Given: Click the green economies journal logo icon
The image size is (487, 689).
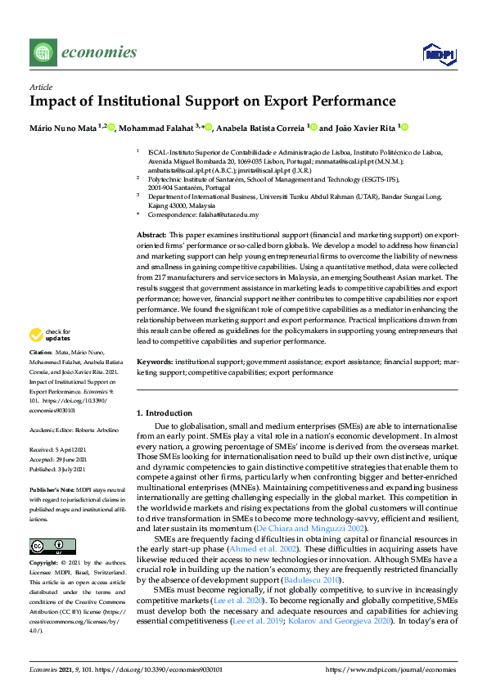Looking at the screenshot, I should coord(43,52).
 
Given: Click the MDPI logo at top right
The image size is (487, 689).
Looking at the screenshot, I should coord(439,53).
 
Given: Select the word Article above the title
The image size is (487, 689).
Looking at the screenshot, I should coord(40,87).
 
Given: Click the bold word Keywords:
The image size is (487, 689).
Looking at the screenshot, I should coord(155,360).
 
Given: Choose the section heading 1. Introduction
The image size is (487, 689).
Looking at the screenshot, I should coord(164,413).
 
